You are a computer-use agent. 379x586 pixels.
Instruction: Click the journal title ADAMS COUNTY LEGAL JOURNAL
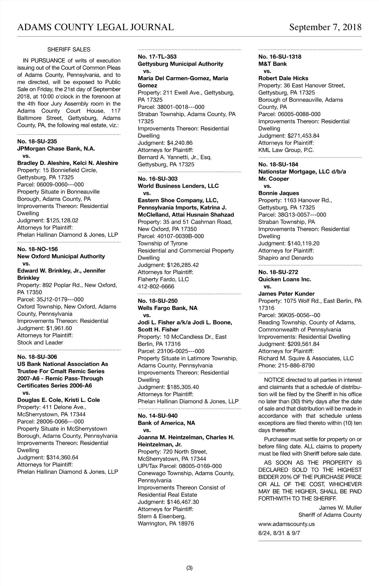95,27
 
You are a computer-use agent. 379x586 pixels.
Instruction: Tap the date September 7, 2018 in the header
325,27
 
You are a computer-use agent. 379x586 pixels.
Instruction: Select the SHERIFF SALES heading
69,50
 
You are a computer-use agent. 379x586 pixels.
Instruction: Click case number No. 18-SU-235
37,142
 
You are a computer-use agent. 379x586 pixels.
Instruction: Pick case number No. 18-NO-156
38,249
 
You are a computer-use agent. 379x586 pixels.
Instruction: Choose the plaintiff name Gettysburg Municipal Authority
180,64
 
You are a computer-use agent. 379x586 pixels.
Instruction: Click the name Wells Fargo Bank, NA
167,308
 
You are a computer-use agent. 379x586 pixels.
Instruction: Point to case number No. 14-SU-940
158,416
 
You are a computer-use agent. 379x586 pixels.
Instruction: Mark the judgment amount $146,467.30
183,502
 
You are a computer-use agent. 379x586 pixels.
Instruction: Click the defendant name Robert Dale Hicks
283,78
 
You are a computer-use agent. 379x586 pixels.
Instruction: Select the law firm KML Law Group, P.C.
286,150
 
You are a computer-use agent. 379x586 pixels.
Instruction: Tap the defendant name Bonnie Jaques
279,193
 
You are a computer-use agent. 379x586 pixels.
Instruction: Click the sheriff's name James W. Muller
340,508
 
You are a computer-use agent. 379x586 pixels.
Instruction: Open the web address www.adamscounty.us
286,524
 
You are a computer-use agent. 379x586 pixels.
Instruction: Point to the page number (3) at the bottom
189,568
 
